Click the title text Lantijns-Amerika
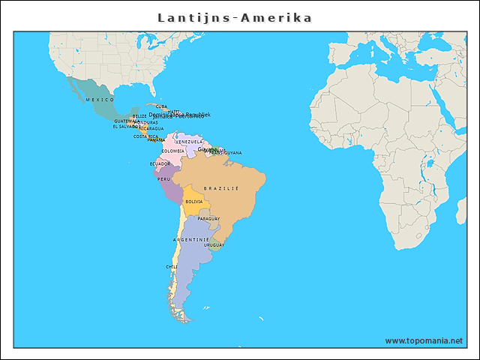pyautogui.click(x=235, y=17)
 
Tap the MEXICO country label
pyautogui.click(x=99, y=99)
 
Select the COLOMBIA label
pyautogui.click(x=172, y=151)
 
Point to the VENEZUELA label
pyautogui.click(x=189, y=142)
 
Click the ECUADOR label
pyautogui.click(x=160, y=163)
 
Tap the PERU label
pyautogui.click(x=163, y=179)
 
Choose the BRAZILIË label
pyautogui.click(x=221, y=187)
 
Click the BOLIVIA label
pyautogui.click(x=194, y=201)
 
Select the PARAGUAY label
pyautogui.click(x=208, y=218)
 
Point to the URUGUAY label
pyautogui.click(x=214, y=244)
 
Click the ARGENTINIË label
pyautogui.click(x=191, y=239)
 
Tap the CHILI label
pyautogui.click(x=172, y=266)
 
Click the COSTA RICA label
pyautogui.click(x=145, y=136)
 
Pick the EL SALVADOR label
pyautogui.click(x=125, y=126)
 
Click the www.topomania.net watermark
pyautogui.click(x=424, y=340)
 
